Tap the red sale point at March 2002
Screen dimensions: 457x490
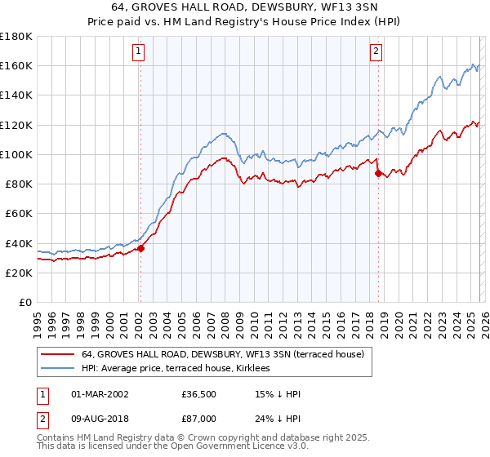140,249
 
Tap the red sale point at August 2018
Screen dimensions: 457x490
377,173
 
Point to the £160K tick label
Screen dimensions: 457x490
16,65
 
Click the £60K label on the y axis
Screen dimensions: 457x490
18,213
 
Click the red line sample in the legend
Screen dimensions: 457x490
58,354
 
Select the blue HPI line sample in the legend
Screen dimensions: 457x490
58,368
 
